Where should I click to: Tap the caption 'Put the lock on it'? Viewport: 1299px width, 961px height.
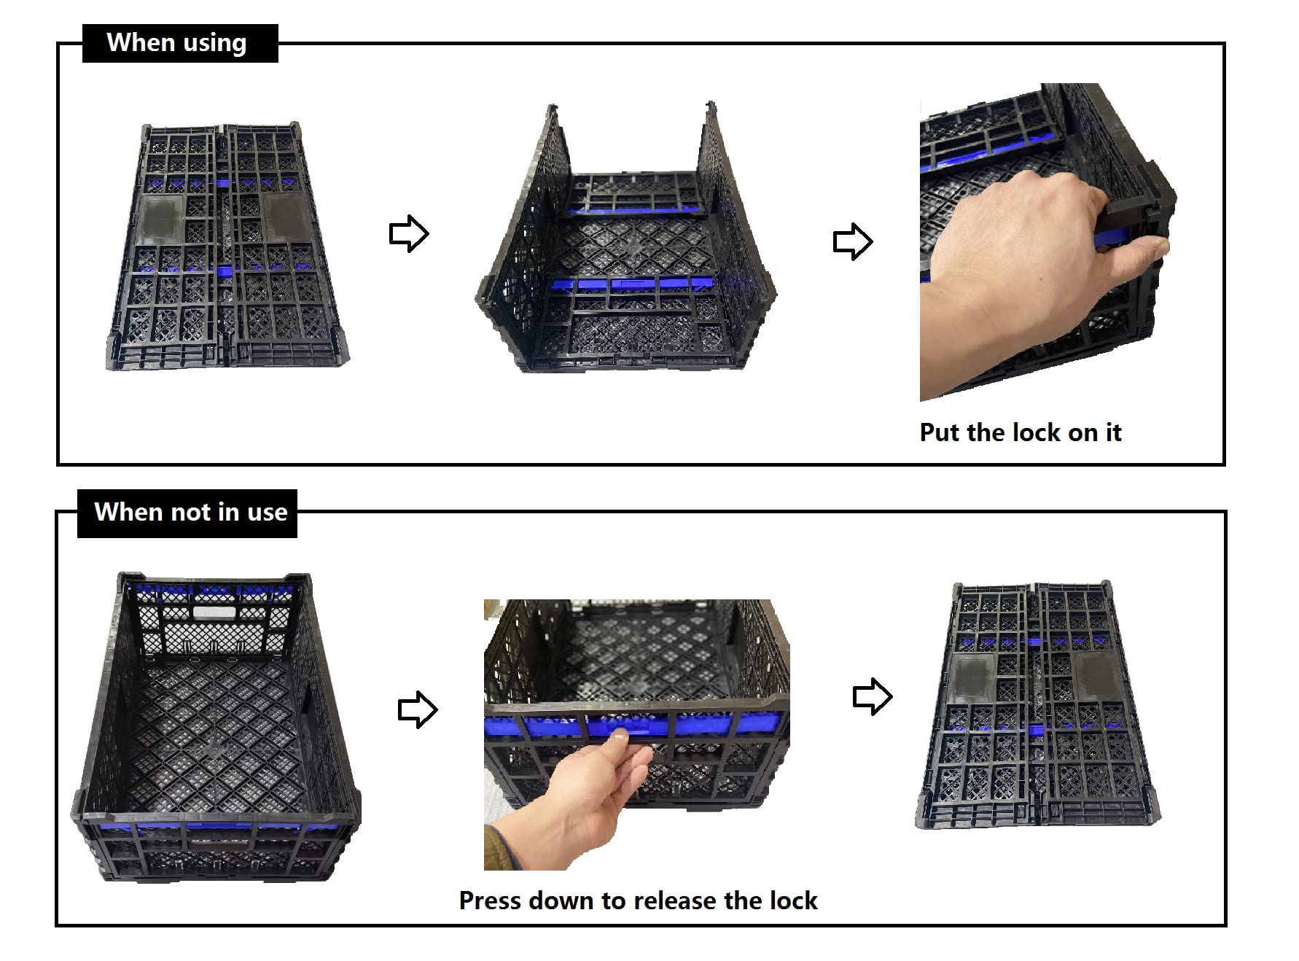coord(1020,432)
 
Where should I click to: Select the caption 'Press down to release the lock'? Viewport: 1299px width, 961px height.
coord(638,901)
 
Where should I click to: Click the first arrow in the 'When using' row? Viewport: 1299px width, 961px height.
coord(409,233)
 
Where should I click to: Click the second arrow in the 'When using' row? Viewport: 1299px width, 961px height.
coord(853,241)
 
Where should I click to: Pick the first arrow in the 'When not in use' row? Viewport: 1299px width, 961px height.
coord(418,709)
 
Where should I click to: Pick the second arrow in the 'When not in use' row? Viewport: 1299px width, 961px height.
coord(873,697)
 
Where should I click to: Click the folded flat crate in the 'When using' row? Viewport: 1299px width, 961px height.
coord(227,246)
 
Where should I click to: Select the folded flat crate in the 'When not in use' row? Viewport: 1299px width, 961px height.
coord(1037,704)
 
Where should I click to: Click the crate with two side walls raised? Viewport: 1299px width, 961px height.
coord(625,241)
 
